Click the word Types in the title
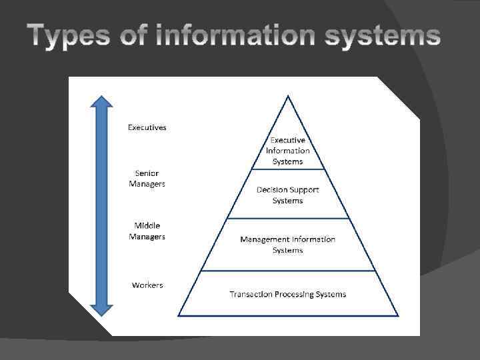(x=67, y=37)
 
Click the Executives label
(x=147, y=127)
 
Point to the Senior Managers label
(x=147, y=178)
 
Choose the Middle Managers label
(x=147, y=231)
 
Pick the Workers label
(x=147, y=285)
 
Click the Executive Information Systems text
(x=288, y=151)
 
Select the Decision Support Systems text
(x=288, y=195)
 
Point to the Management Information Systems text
(x=288, y=245)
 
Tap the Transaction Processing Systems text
(x=288, y=294)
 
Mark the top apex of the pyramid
(x=288, y=96)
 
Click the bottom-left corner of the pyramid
(x=179, y=315)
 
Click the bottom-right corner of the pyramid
(x=398, y=315)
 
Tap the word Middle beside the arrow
(x=147, y=225)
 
